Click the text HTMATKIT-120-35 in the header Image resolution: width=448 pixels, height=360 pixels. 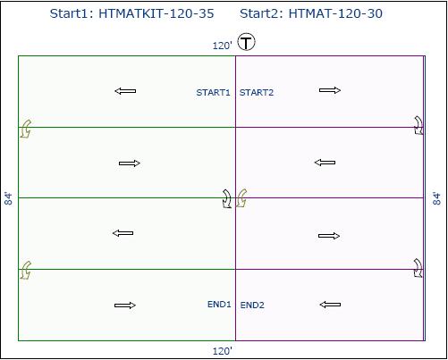point(156,13)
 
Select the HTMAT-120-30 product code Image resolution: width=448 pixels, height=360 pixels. point(335,13)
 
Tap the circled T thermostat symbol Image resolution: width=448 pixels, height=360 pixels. point(246,42)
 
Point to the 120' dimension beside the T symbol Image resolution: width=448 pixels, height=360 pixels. point(222,46)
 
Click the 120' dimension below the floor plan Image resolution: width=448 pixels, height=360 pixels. point(222,351)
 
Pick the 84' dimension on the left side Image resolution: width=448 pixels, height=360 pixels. point(9,198)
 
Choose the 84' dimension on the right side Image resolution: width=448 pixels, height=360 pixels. point(436,198)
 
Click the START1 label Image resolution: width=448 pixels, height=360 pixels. point(213,93)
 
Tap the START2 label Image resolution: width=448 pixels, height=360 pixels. point(257,93)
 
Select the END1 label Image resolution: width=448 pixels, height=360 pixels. point(219,305)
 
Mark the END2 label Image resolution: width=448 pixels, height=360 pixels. point(252,306)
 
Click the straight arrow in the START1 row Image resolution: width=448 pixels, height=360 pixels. point(125,91)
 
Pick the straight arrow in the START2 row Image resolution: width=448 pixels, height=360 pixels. point(330,90)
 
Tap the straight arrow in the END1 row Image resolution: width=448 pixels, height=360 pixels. point(125,306)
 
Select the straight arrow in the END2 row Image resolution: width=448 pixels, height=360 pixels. point(330,305)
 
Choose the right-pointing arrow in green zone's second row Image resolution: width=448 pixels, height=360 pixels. point(130,163)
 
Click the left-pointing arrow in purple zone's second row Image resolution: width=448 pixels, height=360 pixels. point(325,163)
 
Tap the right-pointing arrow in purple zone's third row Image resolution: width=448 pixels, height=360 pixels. point(329,236)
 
